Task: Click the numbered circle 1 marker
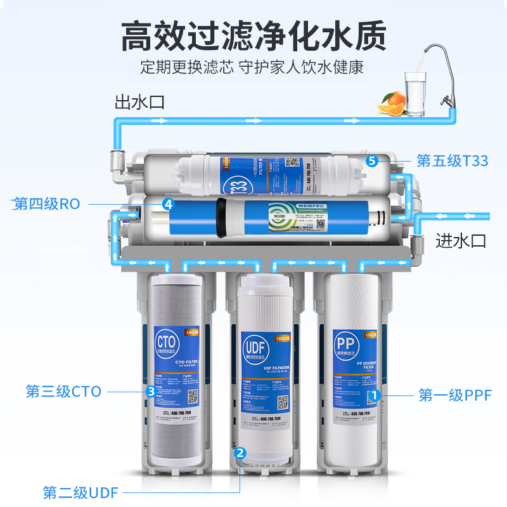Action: (374, 395)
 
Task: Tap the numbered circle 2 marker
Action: (240, 452)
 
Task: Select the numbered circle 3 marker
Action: (151, 392)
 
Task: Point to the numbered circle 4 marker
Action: (168, 204)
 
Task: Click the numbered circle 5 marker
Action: (372, 161)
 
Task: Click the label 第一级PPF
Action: (451, 396)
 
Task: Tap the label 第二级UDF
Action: (80, 492)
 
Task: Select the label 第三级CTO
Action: (63, 391)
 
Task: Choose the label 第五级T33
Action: (452, 161)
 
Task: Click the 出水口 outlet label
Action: (139, 101)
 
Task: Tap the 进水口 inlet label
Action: (460, 241)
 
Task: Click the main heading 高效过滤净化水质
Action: (253, 35)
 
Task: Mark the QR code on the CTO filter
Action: (192, 397)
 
